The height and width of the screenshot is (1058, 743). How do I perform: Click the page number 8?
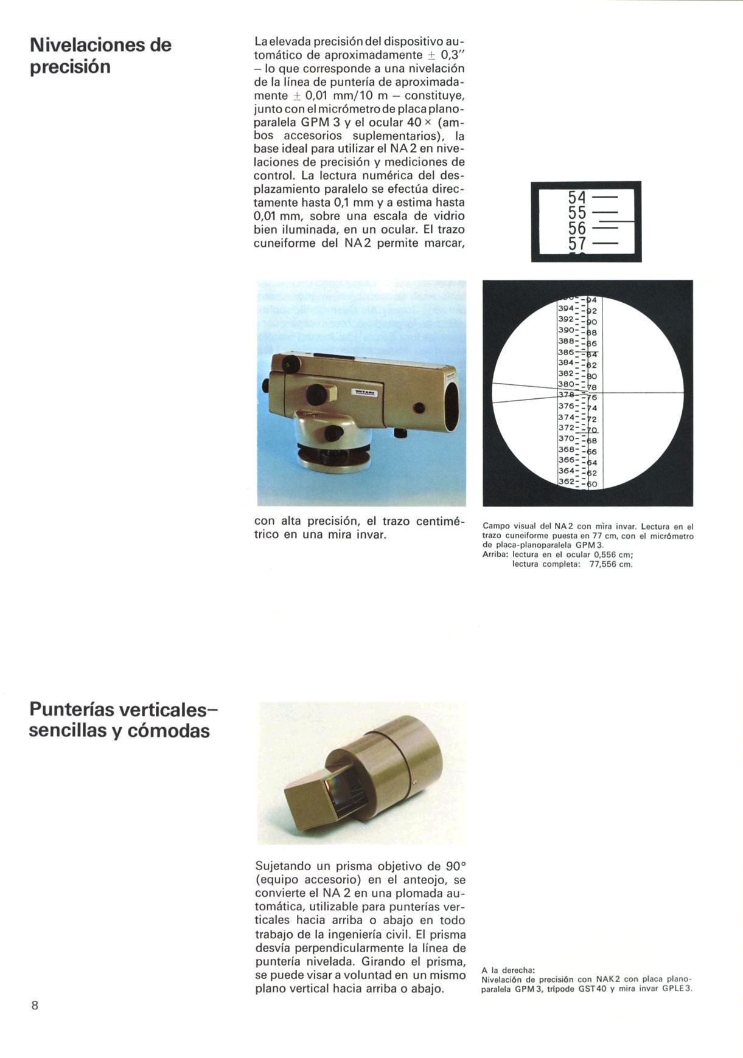point(35,1005)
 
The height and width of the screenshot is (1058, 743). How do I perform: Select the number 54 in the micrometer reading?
point(577,198)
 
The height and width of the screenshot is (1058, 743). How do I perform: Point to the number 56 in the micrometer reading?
point(577,228)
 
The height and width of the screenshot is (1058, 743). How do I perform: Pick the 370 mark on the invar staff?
point(567,438)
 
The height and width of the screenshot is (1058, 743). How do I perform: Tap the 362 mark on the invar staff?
point(567,482)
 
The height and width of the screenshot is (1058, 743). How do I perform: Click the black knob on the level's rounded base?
point(332,433)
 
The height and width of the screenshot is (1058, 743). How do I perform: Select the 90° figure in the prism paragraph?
point(455,865)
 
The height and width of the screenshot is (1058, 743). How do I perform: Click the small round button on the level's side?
point(419,408)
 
